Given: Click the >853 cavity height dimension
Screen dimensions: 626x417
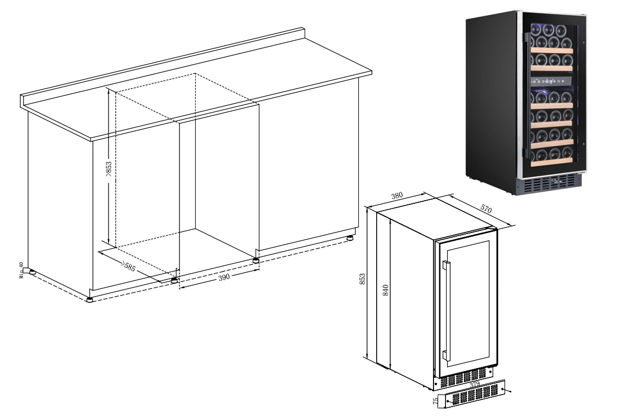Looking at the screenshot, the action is [x=109, y=169].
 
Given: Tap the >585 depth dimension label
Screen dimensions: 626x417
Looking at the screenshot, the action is [x=128, y=267].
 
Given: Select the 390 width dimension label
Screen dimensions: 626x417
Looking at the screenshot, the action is [x=224, y=277].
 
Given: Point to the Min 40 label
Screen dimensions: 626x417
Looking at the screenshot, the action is [x=21, y=270].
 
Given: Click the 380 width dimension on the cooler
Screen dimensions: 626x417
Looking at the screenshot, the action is [x=397, y=195].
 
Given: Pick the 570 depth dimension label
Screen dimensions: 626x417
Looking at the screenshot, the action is [x=486, y=208].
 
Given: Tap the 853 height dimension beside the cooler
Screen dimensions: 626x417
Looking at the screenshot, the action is [x=362, y=279].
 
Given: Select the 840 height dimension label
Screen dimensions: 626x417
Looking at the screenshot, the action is [x=386, y=290].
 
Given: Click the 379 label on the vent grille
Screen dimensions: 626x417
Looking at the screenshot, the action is [x=475, y=384].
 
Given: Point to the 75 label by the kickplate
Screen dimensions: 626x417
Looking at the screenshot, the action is [x=436, y=401].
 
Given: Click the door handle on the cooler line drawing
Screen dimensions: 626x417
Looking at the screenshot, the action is [x=446, y=311].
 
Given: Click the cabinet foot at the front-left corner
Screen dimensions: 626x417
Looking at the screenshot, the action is [x=90, y=300].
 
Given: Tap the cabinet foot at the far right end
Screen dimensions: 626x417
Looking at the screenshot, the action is [x=350, y=238].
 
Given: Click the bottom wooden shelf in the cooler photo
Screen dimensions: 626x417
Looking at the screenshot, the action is [x=552, y=162].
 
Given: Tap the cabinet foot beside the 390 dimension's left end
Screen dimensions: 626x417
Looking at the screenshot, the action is [x=174, y=280].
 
